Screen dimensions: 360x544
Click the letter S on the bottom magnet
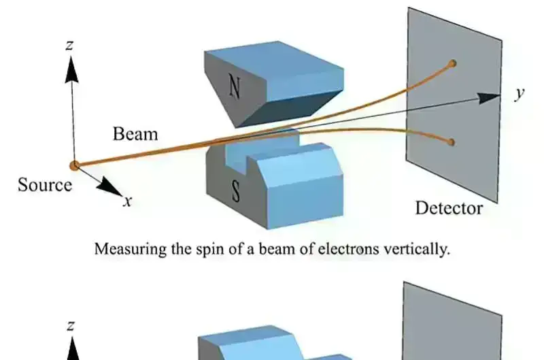[x=236, y=193]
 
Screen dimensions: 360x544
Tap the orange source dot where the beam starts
[x=74, y=165]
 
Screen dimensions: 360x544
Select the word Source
[x=45, y=184]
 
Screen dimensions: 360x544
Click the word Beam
[x=135, y=133]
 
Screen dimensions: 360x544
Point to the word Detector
[x=449, y=208]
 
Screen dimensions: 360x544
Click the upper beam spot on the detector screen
[x=452, y=63]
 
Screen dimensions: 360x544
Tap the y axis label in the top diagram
[x=520, y=93]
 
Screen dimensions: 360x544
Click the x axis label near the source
[x=126, y=201]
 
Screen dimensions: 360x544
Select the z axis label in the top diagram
[x=71, y=46]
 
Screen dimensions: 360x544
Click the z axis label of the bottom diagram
[x=71, y=326]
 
